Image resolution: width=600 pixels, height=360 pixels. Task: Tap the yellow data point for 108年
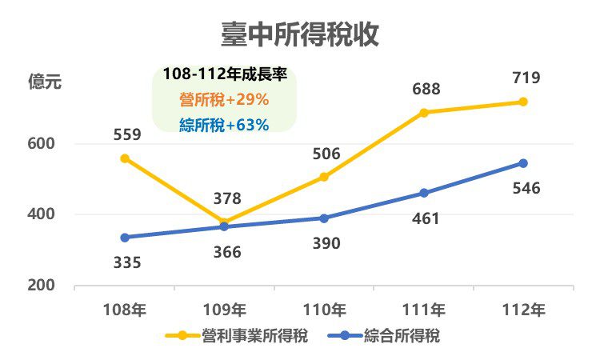125,158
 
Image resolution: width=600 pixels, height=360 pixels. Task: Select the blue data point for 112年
523,163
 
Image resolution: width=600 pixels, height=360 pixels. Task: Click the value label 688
426,90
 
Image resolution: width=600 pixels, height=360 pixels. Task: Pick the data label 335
126,262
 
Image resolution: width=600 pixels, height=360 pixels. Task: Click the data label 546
526,189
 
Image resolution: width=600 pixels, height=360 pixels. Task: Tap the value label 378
226,198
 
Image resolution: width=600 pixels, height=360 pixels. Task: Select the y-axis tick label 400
39,214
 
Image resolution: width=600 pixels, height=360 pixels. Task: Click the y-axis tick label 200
39,286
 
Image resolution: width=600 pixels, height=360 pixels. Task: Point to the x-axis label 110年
324,309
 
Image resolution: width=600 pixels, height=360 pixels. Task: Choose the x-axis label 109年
225,309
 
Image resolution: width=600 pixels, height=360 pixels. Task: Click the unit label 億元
44,82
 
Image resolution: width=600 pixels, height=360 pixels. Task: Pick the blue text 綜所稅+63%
224,124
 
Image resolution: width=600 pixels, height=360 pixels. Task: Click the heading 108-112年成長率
224,75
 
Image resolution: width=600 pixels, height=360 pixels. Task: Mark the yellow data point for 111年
424,113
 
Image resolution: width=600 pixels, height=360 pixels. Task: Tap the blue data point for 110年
324,218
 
